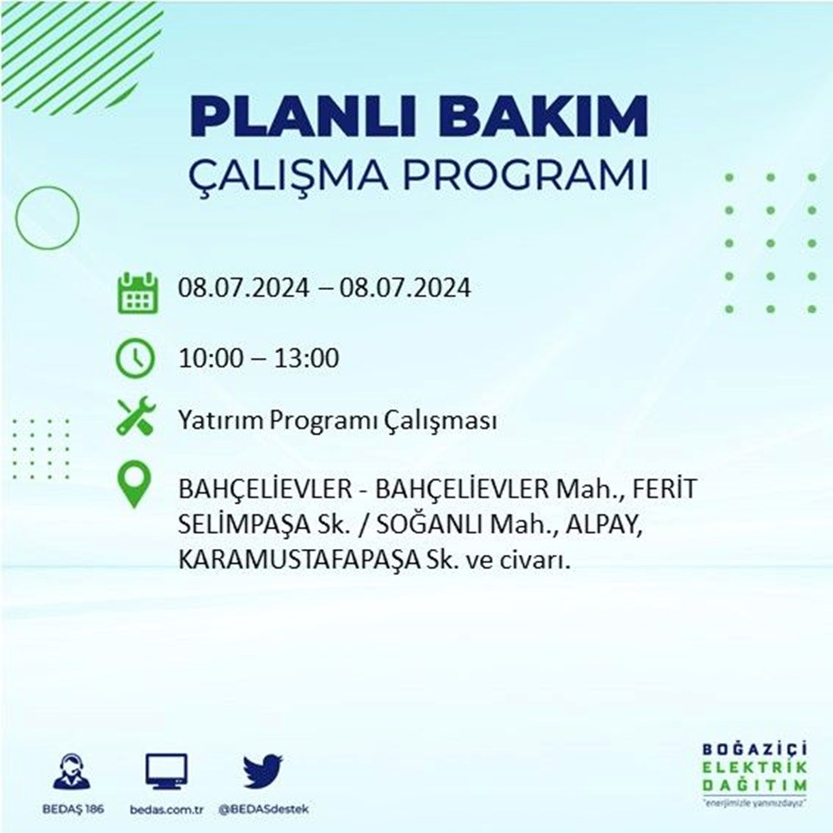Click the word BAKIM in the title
[543, 116]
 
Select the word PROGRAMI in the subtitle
[526, 175]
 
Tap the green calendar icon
[137, 292]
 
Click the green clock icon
[136, 358]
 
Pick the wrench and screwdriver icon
[136, 416]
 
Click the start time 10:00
[210, 358]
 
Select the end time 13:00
[307, 358]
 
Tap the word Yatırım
[221, 421]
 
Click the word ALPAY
[601, 526]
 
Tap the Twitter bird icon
[263, 771]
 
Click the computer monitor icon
[167, 771]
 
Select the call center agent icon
[72, 771]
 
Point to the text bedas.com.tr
[167, 810]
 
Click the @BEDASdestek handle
[263, 810]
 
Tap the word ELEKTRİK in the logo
[755, 768]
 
